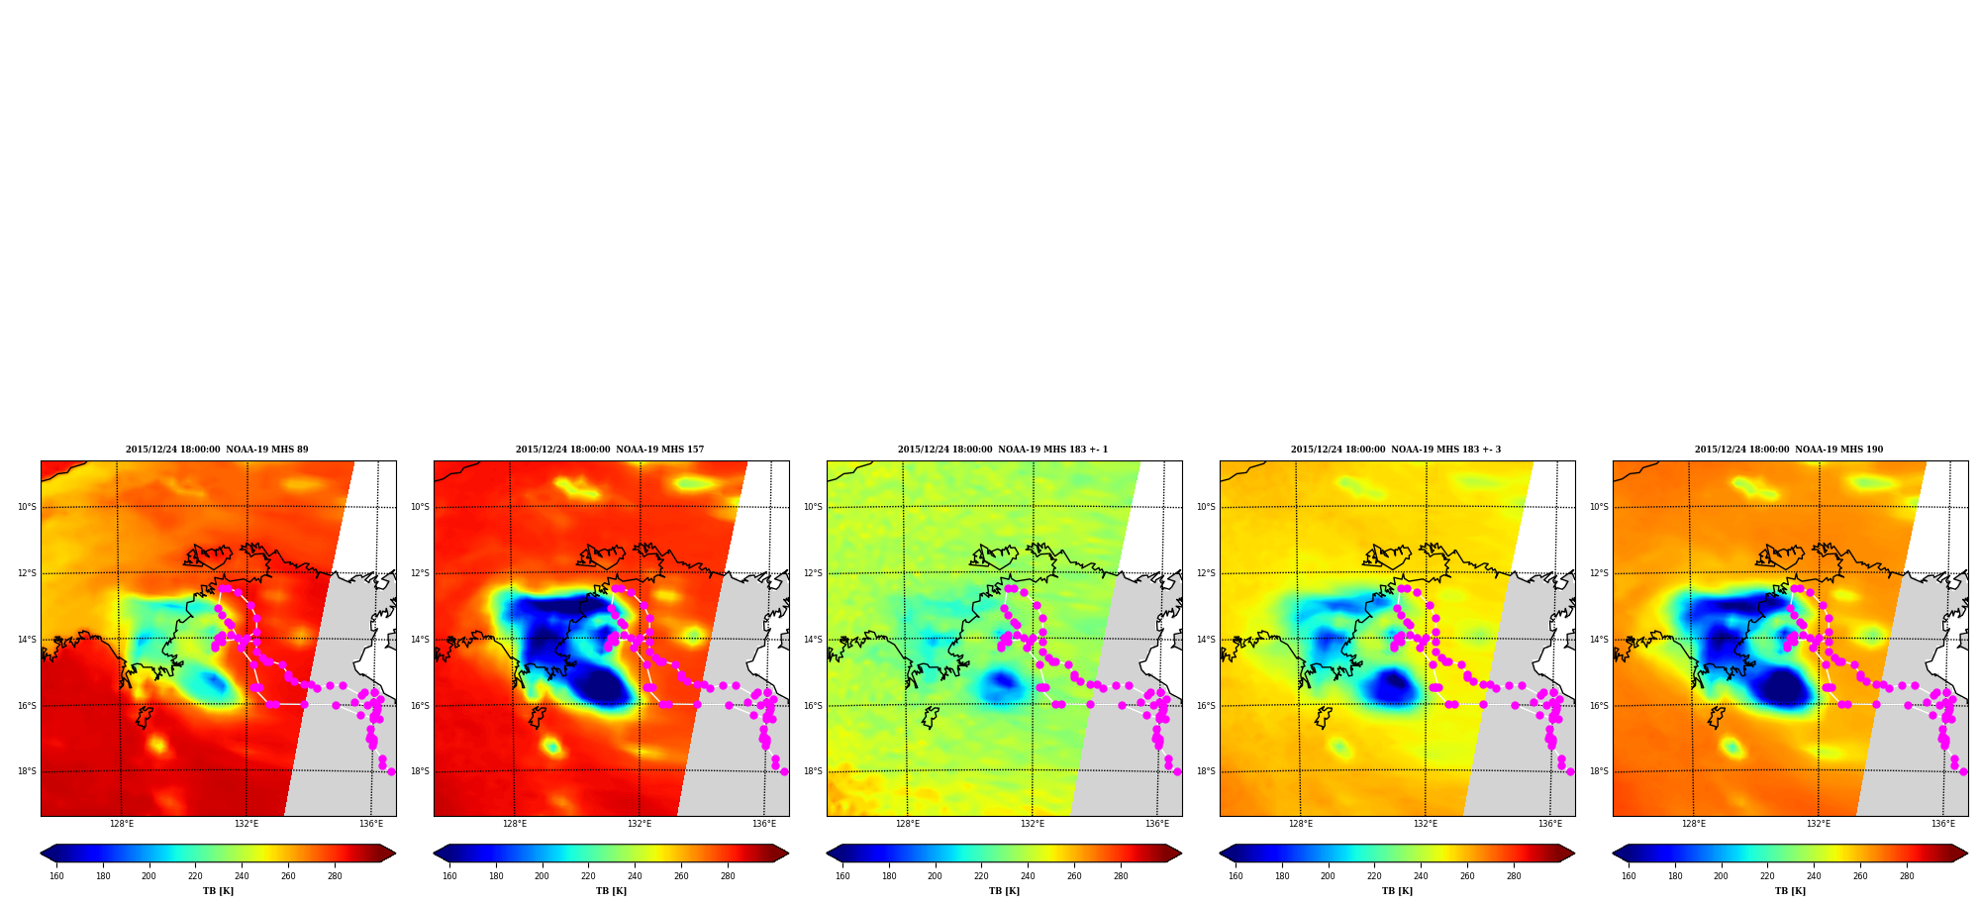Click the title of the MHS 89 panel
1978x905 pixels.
coord(217,450)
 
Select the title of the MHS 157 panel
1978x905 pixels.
coord(610,450)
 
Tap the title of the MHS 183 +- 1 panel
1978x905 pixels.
coord(1003,450)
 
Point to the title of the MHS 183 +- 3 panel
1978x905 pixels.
coord(1396,450)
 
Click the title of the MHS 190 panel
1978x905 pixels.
coord(1789,450)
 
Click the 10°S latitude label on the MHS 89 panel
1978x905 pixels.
coord(27,507)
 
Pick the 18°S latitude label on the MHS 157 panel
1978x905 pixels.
coord(420,771)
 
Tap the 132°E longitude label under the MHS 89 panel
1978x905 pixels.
coord(247,824)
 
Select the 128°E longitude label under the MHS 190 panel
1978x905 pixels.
coord(1694,824)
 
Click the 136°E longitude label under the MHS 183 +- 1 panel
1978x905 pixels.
coord(1157,824)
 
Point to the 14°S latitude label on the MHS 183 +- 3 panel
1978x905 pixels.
coord(1206,640)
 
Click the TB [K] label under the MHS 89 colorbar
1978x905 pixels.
coord(218,891)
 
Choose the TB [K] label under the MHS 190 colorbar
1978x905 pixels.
coord(1790,891)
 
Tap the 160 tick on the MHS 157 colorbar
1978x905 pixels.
coord(449,876)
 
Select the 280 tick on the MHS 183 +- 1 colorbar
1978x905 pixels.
coord(1121,876)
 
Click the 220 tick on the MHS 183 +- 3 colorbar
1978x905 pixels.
coord(1374,876)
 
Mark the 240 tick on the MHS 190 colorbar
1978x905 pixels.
coord(1814,876)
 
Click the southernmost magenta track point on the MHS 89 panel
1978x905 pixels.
coord(391,771)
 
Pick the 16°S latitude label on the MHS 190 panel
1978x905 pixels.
coord(1599,706)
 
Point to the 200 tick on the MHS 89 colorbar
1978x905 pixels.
coord(148,876)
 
